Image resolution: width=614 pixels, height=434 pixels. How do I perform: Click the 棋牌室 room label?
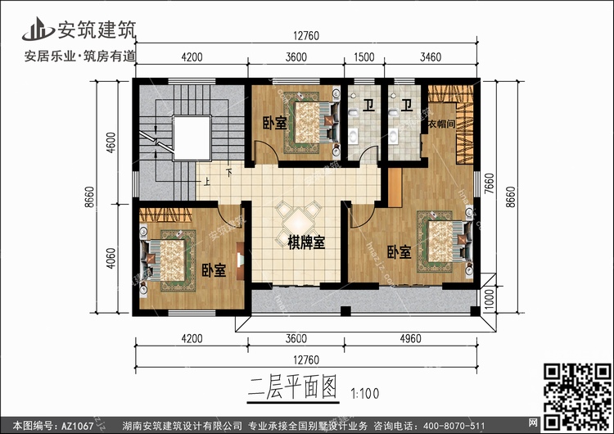(x=307, y=242)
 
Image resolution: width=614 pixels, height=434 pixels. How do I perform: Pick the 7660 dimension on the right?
(x=488, y=179)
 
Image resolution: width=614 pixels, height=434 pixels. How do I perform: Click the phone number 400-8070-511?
(x=463, y=426)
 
